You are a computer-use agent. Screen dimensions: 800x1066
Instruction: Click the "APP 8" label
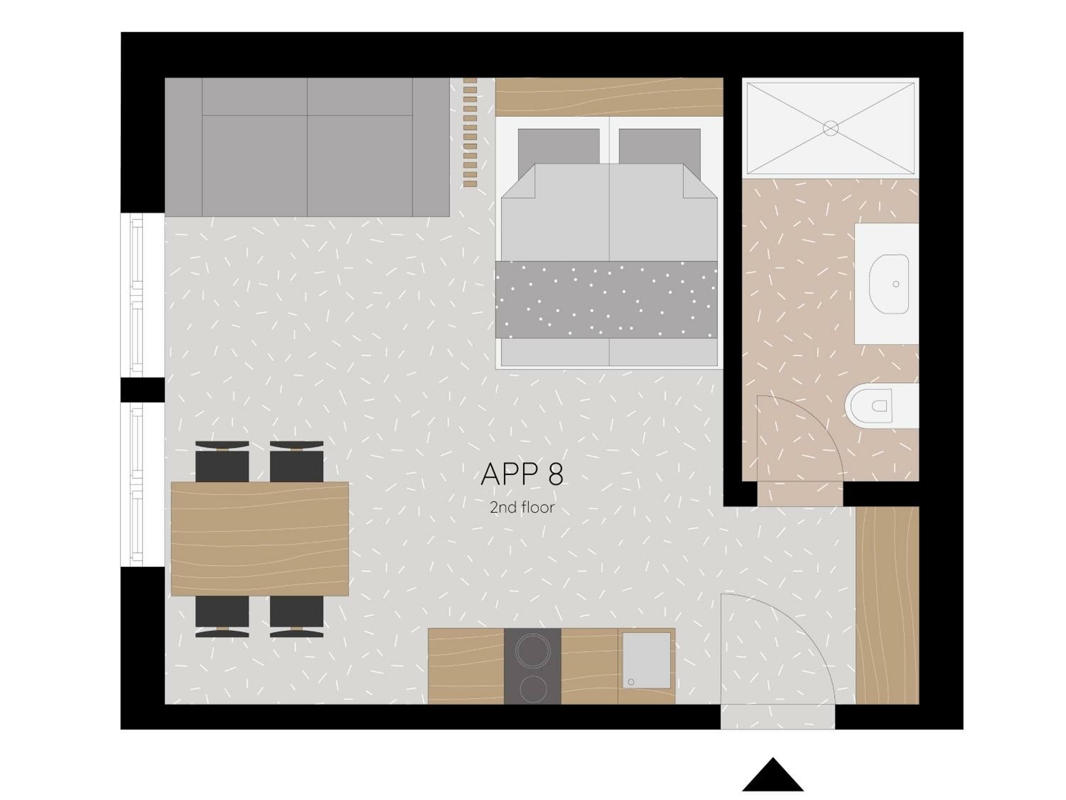pos(522,474)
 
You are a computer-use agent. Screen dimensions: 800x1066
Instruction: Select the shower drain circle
pos(830,128)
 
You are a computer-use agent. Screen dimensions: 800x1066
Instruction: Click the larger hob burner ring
pos(533,650)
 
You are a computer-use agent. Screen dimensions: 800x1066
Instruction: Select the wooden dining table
pos(260,539)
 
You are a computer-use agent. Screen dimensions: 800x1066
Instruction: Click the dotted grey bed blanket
pos(606,299)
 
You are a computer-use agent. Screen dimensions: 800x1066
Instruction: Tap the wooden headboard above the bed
pos(609,96)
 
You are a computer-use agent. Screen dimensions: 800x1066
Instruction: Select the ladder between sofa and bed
pos(470,132)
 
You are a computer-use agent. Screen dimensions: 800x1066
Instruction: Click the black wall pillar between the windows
pos(142,390)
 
